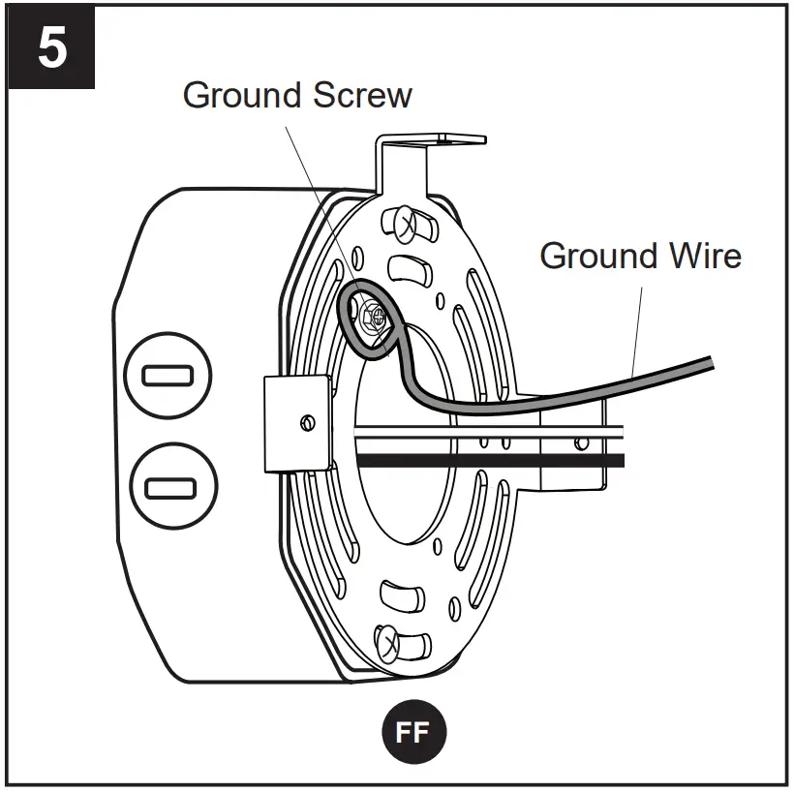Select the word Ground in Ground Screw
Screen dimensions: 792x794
[x=241, y=95]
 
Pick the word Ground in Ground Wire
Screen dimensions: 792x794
[x=597, y=256]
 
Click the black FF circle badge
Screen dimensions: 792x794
[x=412, y=732]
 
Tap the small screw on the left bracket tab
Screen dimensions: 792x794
[x=307, y=422]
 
